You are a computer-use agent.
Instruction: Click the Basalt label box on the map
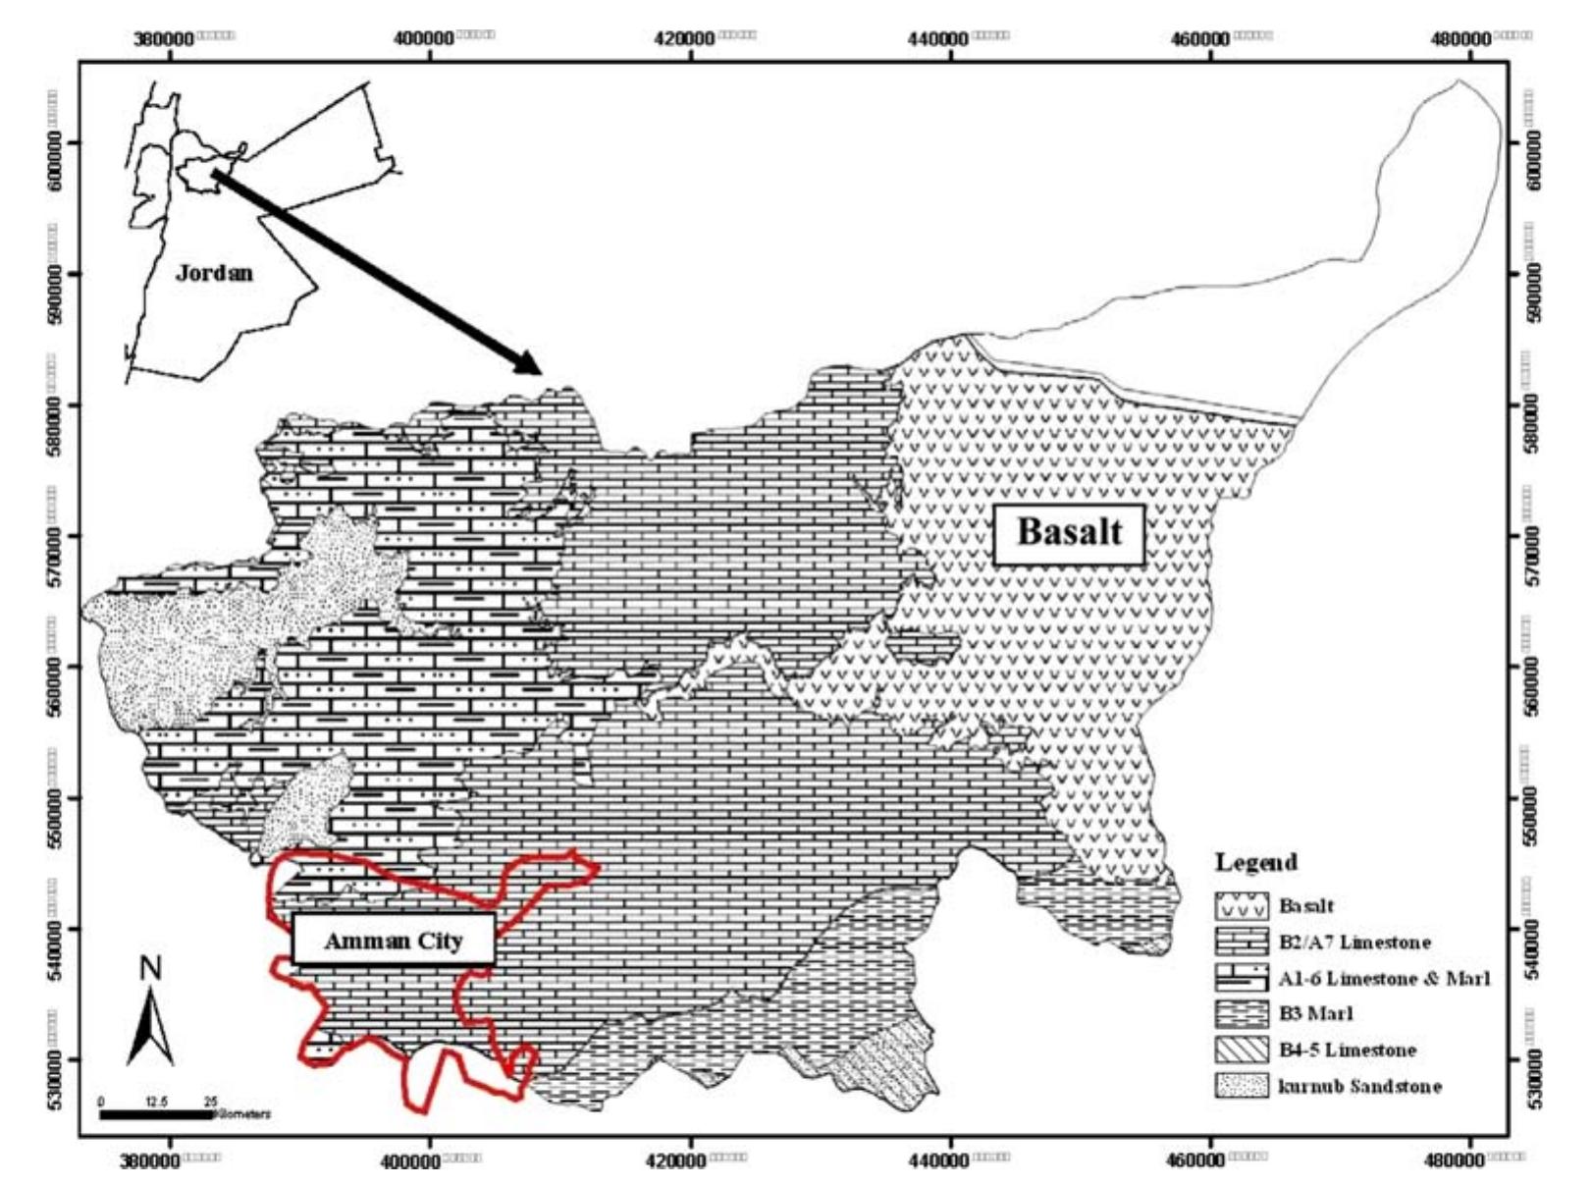tap(1069, 534)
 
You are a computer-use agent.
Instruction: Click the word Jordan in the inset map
tap(214, 272)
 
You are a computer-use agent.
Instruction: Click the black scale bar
tap(155, 1114)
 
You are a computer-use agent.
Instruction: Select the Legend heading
tap(1255, 863)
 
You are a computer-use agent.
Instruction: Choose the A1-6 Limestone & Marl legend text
tap(1384, 979)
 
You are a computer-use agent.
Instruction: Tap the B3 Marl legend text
tap(1317, 1014)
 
